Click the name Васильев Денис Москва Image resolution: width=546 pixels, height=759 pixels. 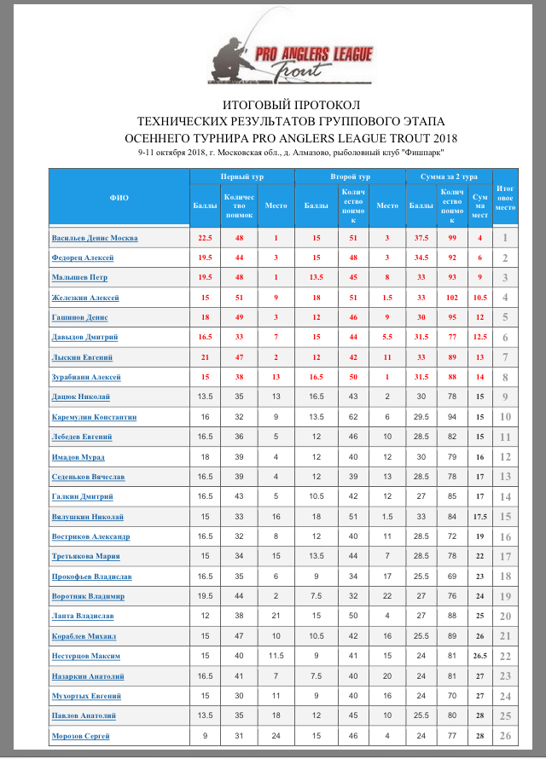95,238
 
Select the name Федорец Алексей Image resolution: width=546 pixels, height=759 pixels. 83,258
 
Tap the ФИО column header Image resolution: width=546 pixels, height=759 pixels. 119,198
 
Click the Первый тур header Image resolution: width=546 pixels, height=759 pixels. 241,177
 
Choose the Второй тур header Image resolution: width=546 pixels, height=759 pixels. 350,177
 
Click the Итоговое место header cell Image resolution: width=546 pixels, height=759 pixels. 506,198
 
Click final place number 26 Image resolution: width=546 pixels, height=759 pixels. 506,736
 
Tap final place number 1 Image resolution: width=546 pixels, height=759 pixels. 506,238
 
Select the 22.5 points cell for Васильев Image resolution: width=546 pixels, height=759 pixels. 205,238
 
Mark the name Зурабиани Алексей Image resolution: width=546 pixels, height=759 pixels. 86,377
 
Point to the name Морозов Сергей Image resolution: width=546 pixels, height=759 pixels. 82,736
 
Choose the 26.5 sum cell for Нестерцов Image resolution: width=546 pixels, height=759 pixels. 480,656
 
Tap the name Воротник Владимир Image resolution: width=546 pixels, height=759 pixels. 88,596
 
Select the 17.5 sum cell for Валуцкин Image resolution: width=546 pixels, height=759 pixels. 480,517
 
